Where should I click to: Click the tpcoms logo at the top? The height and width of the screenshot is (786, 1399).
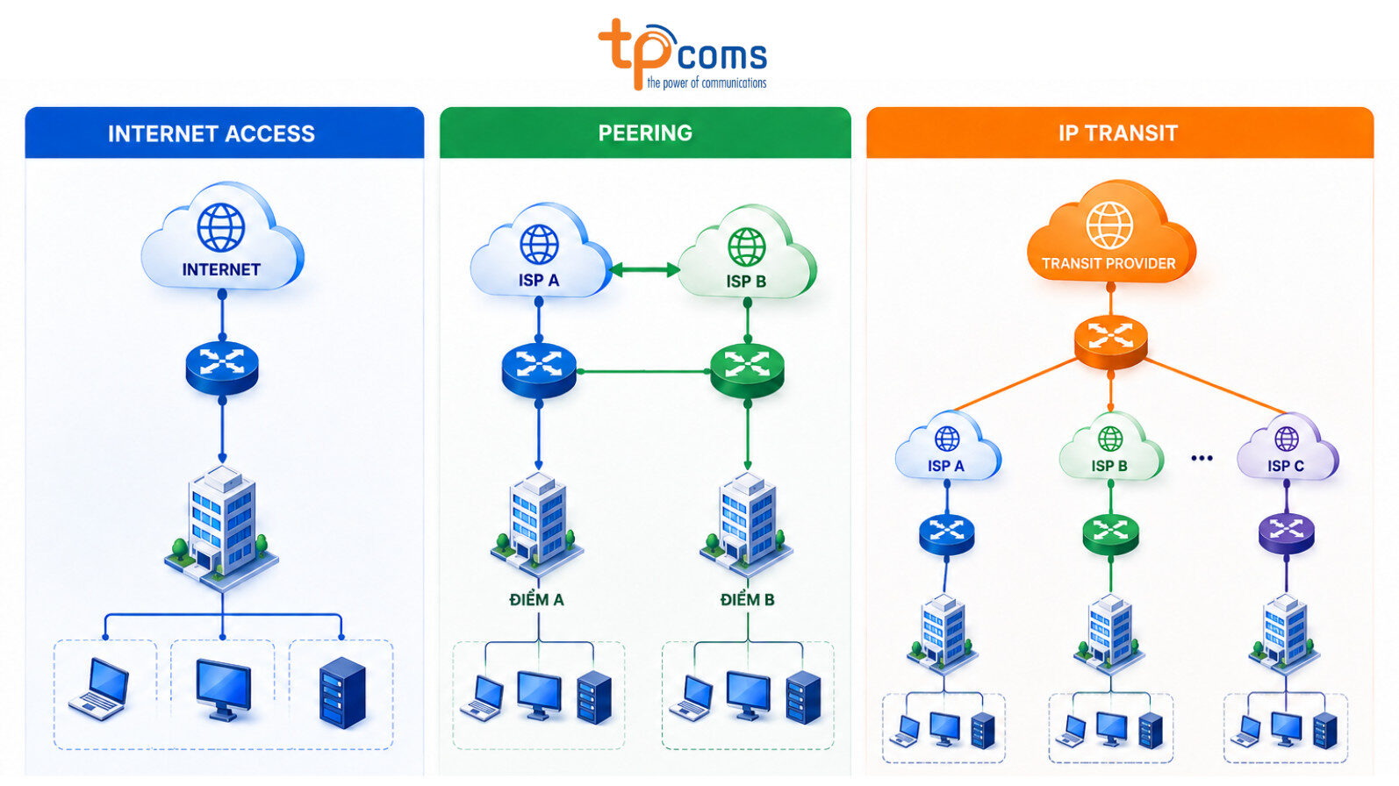click(683, 54)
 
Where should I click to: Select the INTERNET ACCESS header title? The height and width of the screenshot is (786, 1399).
click(212, 133)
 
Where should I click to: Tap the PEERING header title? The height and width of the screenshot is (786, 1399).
click(645, 133)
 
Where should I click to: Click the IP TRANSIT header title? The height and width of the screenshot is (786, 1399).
click(1118, 133)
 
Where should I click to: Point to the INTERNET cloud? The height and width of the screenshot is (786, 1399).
click(222, 236)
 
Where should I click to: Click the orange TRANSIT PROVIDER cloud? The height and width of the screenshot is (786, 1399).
click(1110, 232)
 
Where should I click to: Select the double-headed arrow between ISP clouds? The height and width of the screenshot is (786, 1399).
click(644, 269)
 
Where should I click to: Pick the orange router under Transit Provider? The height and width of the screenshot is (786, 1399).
click(1110, 342)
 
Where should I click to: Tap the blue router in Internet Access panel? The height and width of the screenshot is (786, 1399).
click(222, 368)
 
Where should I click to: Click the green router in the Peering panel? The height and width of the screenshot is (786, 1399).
click(748, 371)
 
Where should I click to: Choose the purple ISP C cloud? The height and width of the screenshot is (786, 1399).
click(1287, 447)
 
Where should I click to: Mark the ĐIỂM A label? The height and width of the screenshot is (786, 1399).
click(536, 600)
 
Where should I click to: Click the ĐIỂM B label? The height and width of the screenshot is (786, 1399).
click(747, 600)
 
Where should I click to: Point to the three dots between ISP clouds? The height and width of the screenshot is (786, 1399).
click(1202, 458)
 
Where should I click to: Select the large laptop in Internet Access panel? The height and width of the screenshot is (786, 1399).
click(100, 688)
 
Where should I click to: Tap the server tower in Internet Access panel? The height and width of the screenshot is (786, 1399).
click(342, 692)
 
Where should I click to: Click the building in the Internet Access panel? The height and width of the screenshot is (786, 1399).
click(222, 527)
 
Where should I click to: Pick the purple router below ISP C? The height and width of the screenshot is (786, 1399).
click(1286, 533)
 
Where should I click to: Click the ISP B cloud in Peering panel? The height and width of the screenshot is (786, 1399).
click(747, 253)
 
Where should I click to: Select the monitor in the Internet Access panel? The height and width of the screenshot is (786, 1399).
click(223, 690)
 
